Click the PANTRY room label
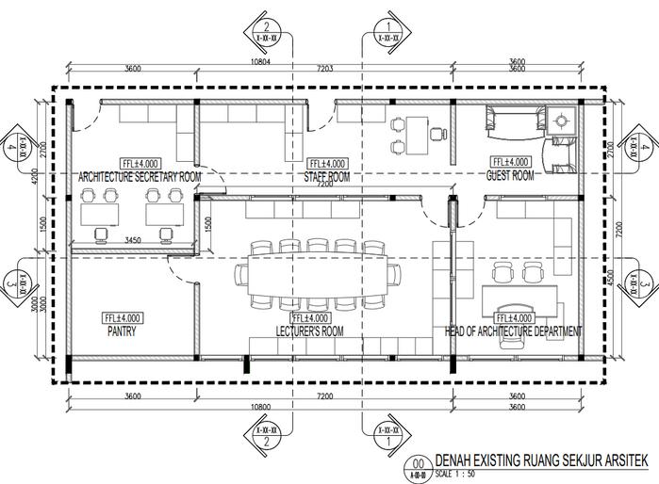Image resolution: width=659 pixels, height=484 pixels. pyautogui.click(x=122, y=332)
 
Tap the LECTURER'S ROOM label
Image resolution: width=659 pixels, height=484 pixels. pyautogui.click(x=310, y=332)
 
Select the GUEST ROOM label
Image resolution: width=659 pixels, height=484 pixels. pyautogui.click(x=510, y=175)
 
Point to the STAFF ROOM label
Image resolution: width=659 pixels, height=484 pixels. pyautogui.click(x=326, y=176)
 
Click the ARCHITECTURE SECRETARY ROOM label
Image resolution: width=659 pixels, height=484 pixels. pyautogui.click(x=140, y=176)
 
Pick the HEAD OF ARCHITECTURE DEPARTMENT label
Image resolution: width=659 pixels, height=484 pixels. pyautogui.click(x=513, y=332)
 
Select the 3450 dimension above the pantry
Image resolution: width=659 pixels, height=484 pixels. pyautogui.click(x=133, y=241)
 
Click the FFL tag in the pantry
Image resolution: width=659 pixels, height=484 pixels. pyautogui.click(x=123, y=319)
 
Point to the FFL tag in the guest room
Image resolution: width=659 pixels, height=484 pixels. pyautogui.click(x=510, y=162)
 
